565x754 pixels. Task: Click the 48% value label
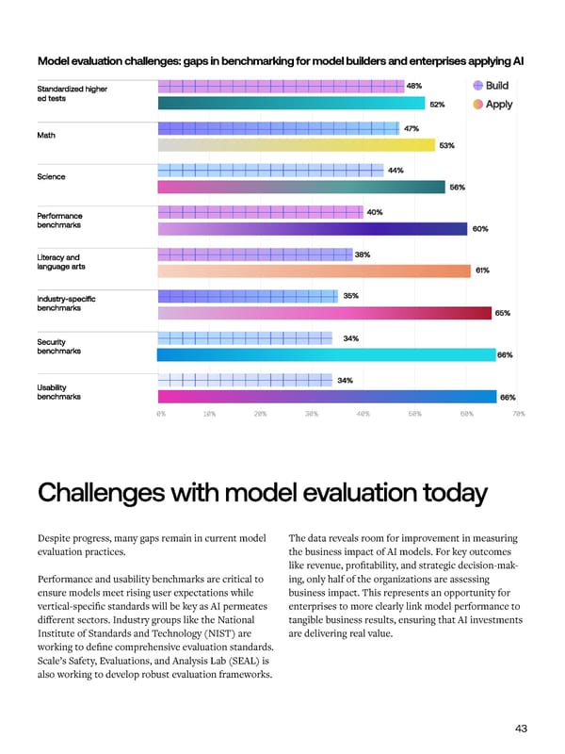point(414,86)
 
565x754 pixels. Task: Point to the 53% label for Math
point(446,145)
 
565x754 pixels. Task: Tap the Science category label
point(51,176)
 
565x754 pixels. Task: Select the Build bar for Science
point(270,171)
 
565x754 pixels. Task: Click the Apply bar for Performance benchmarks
point(312,229)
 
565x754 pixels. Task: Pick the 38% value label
point(363,254)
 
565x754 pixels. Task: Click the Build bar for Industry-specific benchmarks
point(247,296)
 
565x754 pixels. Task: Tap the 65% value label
point(503,313)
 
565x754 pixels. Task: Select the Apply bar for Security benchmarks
point(326,355)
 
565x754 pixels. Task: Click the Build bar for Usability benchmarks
point(244,380)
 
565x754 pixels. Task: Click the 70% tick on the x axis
point(517,413)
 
